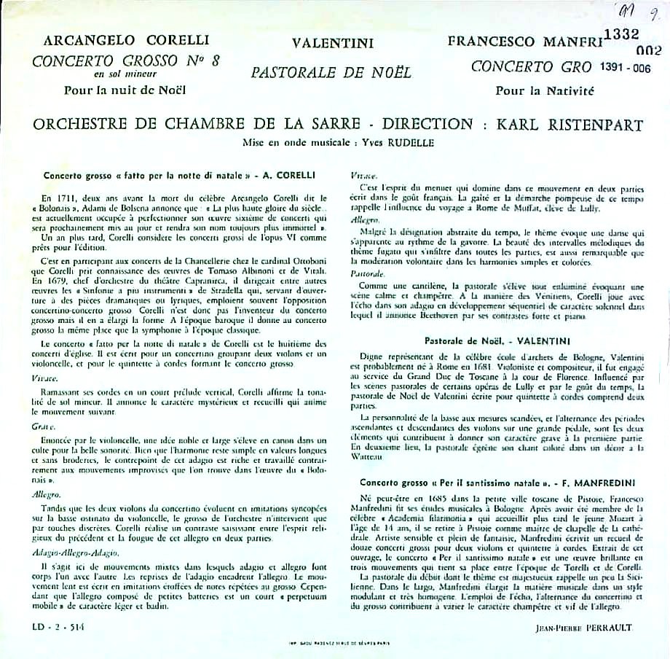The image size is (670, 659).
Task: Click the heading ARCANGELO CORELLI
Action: (126, 39)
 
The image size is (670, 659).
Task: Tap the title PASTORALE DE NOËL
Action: (331, 73)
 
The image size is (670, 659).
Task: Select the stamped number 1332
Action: (620, 34)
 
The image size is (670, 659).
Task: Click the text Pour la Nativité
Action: (545, 91)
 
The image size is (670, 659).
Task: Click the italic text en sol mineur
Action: (125, 74)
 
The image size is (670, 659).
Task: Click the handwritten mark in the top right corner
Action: (634, 10)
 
